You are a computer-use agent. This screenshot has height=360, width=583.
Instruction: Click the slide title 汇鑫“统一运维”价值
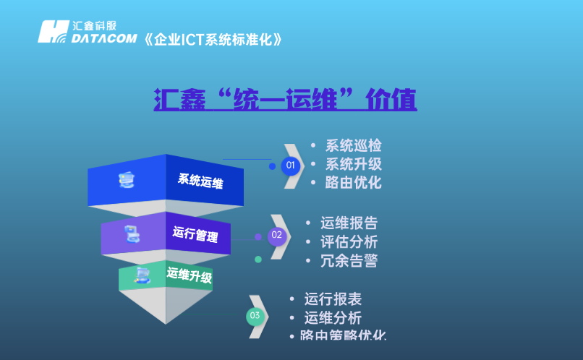click(285, 100)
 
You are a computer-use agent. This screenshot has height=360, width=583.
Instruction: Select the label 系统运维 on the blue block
click(200, 181)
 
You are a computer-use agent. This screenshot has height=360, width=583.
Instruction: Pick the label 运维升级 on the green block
click(190, 275)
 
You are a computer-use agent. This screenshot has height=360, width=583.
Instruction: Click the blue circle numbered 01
click(291, 166)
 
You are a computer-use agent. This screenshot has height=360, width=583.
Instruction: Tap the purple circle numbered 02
click(277, 235)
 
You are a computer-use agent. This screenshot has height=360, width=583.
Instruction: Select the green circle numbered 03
click(255, 316)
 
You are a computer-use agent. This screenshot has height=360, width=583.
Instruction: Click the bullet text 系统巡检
click(353, 145)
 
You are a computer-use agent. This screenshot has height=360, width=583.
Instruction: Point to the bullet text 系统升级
click(353, 164)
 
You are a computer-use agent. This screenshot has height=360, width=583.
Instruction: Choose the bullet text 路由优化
click(353, 182)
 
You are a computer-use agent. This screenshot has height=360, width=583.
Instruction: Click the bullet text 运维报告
click(349, 223)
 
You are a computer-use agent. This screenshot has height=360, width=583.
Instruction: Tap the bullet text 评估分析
click(349, 242)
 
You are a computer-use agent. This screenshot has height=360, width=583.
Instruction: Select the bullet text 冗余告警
click(349, 261)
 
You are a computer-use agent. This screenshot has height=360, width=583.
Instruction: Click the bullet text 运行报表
click(333, 299)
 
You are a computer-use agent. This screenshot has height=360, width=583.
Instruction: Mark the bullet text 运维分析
click(333, 318)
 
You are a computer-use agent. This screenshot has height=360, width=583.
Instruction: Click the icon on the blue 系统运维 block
click(127, 180)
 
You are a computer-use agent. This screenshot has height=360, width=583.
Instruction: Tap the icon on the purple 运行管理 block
click(132, 233)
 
